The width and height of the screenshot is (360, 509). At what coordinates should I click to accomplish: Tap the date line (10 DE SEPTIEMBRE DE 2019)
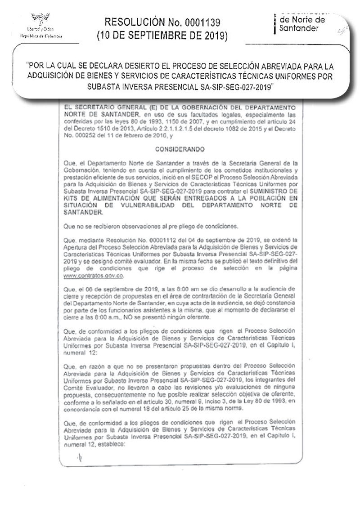tap(162, 36)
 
